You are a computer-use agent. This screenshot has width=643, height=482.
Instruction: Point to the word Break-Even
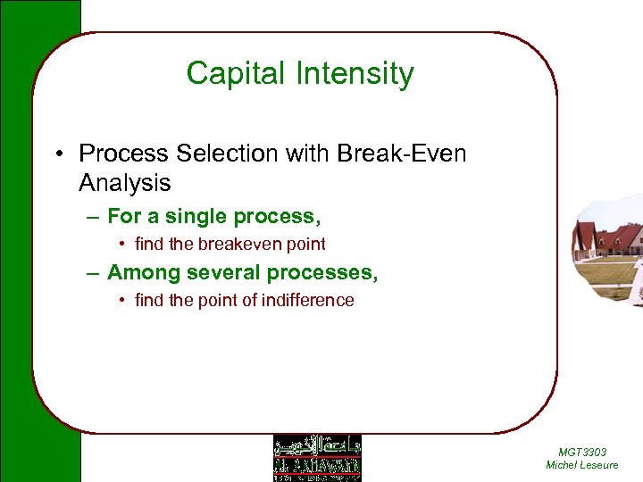tap(402, 154)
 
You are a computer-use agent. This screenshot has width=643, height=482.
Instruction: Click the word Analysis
tap(124, 183)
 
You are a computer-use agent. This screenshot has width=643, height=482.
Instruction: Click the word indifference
tap(310, 300)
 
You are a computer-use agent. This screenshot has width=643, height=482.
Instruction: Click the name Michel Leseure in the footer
tap(581, 465)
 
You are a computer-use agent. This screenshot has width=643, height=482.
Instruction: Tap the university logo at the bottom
tap(317, 457)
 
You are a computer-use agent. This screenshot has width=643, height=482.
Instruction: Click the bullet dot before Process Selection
tap(56, 154)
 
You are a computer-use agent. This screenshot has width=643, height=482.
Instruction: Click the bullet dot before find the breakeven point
tap(122, 244)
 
